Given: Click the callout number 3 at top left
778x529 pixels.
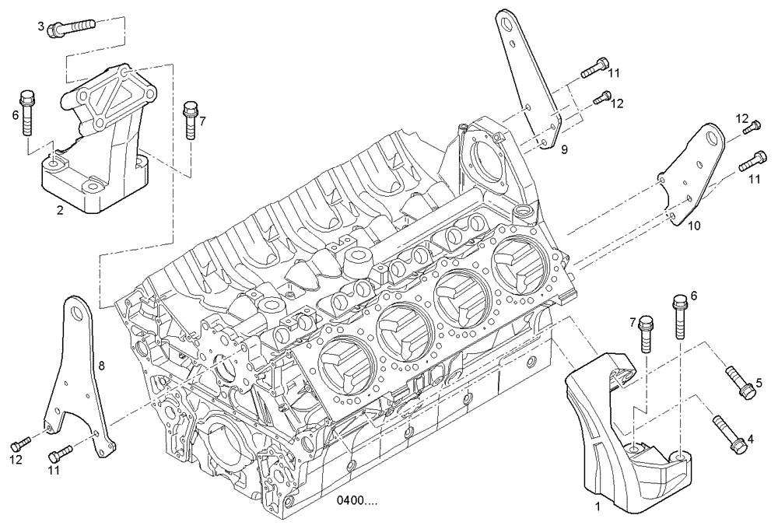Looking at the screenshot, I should point(41,26).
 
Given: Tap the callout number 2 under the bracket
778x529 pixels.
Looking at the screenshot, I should point(59,209).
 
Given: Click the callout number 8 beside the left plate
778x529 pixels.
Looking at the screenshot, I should point(102,363).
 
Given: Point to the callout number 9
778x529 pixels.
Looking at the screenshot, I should point(565,148).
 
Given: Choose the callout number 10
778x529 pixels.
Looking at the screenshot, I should point(695,226).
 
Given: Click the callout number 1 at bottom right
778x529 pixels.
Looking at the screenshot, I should point(597,506).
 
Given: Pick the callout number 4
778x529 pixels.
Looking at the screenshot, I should point(750,440).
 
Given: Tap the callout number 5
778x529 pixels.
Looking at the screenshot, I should point(758,384).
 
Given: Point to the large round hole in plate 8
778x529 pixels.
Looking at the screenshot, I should point(76,313).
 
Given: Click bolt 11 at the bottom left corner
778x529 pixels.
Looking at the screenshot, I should point(60,454).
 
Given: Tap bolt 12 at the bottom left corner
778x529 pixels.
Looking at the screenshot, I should point(21,443).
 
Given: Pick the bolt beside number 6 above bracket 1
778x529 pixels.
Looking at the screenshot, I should point(679,315).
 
